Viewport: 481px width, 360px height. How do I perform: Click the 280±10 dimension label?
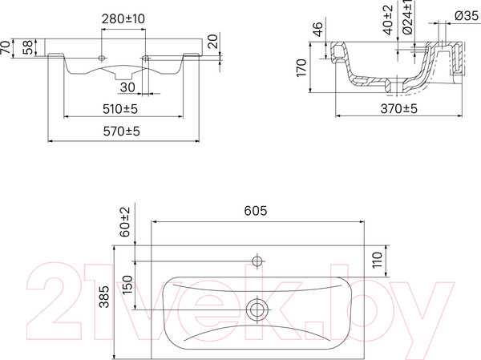click(123, 18)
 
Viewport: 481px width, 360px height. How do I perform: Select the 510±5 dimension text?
click(123, 107)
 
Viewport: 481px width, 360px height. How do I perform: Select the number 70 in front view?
click(6, 48)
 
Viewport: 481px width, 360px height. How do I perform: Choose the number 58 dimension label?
click(29, 48)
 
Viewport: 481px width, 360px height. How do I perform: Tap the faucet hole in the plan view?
click(257, 261)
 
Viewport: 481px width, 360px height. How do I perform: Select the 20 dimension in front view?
click(214, 41)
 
